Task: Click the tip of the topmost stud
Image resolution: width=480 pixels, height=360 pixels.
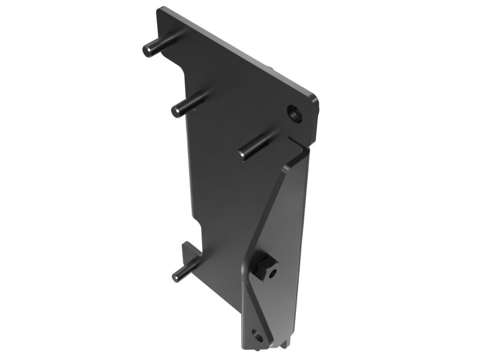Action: pyautogui.click(x=147, y=50)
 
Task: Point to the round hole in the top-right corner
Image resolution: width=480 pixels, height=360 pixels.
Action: pyautogui.click(x=295, y=113)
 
